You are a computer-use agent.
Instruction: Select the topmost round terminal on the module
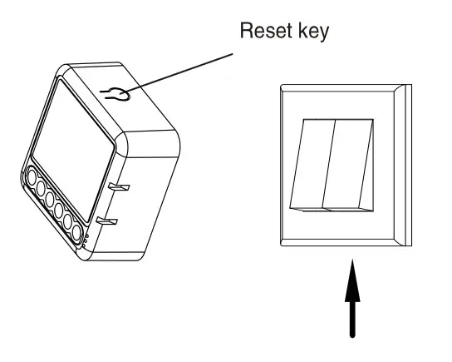point(32,177)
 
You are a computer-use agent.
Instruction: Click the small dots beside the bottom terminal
point(87,242)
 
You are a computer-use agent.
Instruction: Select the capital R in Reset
point(245,33)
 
